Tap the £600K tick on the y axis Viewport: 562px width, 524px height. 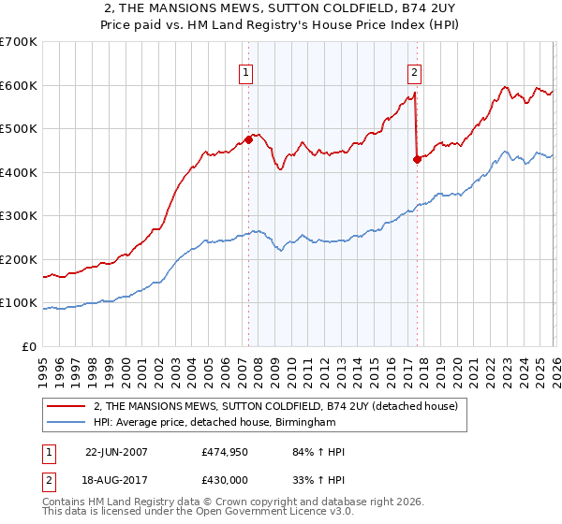point(19,85)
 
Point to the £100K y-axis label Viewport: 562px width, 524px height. point(19,303)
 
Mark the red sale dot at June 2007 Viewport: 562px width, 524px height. point(248,140)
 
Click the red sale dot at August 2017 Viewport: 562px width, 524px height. point(417,159)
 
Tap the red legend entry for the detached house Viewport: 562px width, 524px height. point(275,407)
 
